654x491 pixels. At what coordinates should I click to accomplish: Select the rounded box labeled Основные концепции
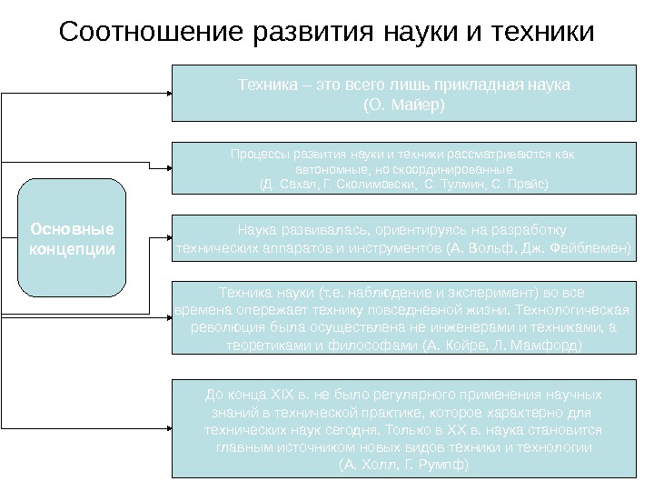[72, 238]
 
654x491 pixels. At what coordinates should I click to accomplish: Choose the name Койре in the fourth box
[466, 346]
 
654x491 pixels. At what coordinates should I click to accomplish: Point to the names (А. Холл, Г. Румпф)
[403, 464]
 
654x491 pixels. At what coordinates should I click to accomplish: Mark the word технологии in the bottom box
[559, 447]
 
